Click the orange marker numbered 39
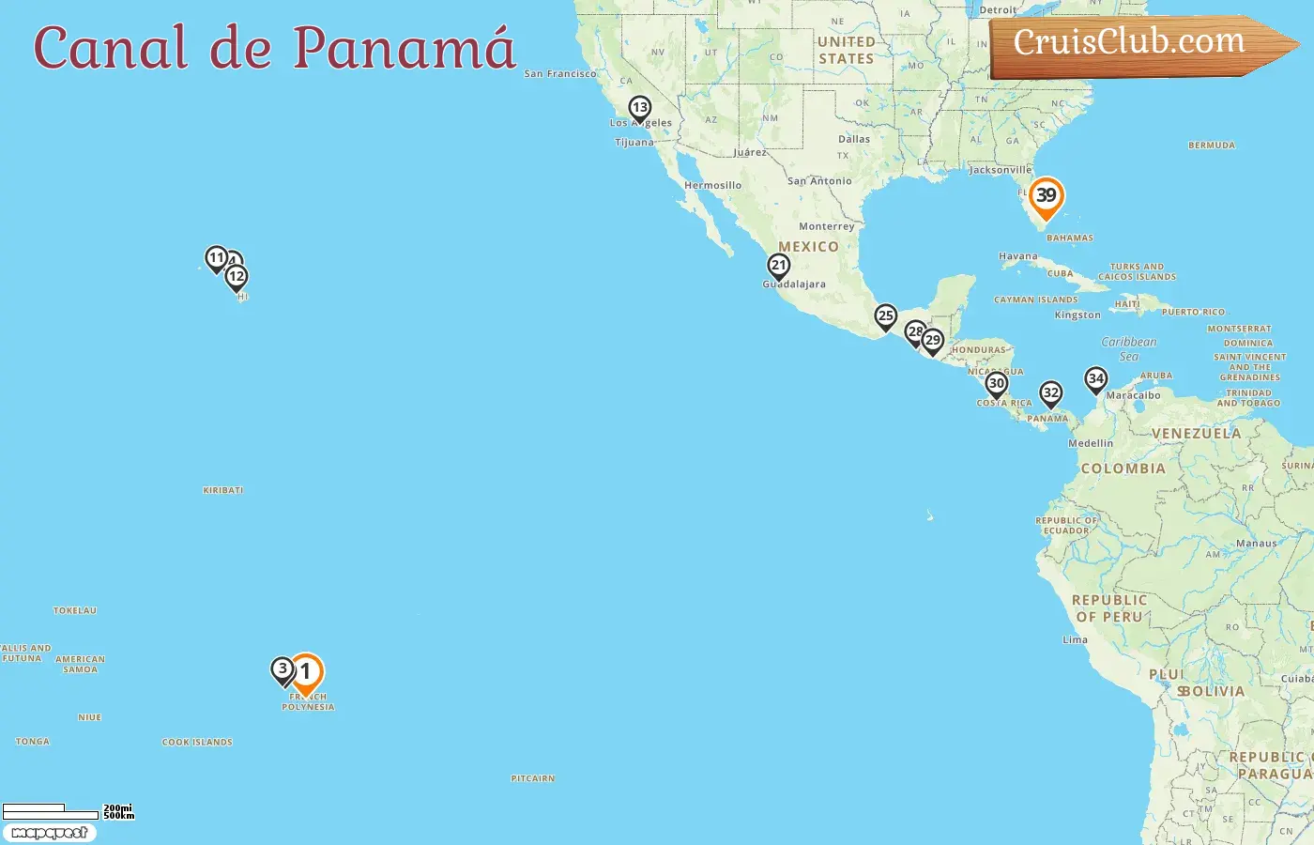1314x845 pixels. click(x=1046, y=197)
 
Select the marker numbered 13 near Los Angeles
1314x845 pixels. click(x=640, y=109)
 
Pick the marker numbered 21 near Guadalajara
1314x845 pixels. click(x=779, y=267)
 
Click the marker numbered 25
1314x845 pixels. click(x=886, y=317)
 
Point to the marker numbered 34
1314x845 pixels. click(x=1096, y=379)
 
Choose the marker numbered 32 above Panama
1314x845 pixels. click(x=1051, y=394)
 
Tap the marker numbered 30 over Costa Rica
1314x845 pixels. click(x=997, y=384)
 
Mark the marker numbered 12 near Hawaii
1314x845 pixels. click(x=237, y=277)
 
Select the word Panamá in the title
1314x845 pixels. click(x=405, y=47)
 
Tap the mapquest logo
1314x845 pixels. click(x=50, y=833)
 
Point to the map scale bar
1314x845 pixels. click(x=52, y=812)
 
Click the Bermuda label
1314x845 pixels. click(x=1212, y=146)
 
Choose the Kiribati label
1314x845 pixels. click(x=223, y=490)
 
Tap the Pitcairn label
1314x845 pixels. click(x=533, y=778)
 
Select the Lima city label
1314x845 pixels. click(x=1076, y=640)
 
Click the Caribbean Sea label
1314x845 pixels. click(x=1129, y=348)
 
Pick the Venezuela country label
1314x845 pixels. click(x=1197, y=434)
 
